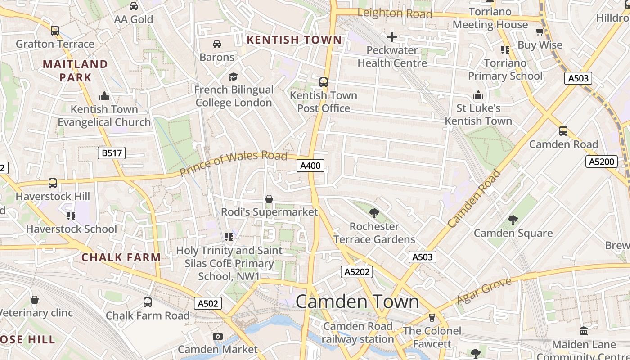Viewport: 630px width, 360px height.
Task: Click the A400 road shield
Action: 310,166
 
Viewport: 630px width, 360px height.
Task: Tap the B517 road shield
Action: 112,153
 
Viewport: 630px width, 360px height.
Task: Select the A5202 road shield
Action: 357,271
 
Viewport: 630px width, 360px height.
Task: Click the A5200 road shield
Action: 602,162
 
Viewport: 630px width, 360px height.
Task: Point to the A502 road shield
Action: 208,303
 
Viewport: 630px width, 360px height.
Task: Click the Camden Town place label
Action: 357,301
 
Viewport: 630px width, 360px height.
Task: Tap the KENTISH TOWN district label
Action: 294,40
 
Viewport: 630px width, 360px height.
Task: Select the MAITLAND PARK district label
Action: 76,71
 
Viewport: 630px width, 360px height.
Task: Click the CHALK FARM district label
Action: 121,257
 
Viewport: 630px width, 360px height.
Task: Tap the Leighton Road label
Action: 394,13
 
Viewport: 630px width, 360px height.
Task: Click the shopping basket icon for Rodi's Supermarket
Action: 269,199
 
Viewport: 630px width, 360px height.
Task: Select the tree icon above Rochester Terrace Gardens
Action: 374,213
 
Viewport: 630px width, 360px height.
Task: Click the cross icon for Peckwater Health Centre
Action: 392,37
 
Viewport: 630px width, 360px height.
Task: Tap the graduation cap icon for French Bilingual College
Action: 233,76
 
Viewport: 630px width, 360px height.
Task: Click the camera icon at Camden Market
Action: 218,336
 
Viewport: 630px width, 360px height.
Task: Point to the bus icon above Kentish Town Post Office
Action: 323,82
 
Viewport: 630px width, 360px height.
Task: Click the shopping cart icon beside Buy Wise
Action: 540,31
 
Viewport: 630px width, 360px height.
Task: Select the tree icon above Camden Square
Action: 513,220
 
